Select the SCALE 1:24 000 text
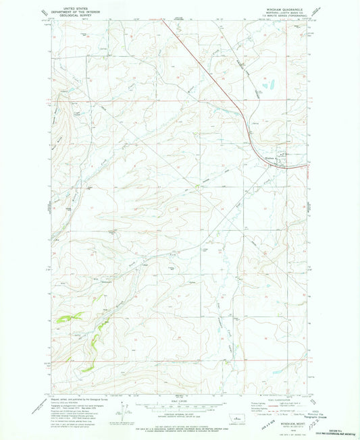(180, 403)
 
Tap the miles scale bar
(180, 408)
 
